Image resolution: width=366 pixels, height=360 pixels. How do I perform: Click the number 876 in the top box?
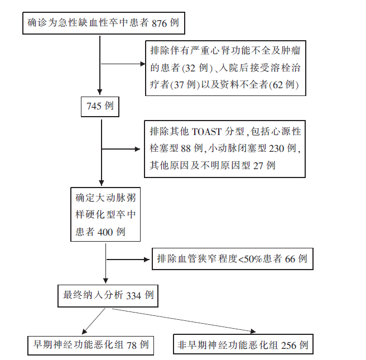click(159, 23)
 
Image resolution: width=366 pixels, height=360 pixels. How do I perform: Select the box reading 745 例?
click(100, 107)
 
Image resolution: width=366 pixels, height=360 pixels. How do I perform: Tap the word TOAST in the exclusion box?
click(206, 132)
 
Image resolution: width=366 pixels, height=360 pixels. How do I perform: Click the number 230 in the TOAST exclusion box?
click(276, 148)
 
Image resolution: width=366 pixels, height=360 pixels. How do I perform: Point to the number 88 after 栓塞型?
click(186, 148)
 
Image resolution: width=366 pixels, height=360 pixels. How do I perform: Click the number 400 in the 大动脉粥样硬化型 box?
click(105, 232)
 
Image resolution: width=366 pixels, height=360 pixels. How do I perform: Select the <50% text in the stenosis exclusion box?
click(250, 259)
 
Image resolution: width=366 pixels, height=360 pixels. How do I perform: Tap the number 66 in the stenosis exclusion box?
click(290, 259)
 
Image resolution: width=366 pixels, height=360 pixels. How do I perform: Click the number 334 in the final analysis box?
click(133, 296)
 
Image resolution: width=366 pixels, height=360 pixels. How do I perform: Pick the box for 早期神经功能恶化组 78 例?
click(90, 345)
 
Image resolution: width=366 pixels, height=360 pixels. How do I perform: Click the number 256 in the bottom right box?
click(289, 345)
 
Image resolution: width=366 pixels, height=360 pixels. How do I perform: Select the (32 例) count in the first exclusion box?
click(198, 68)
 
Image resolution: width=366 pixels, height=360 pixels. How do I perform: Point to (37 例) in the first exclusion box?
click(185, 85)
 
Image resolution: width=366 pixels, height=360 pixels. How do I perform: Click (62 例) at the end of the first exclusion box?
click(283, 85)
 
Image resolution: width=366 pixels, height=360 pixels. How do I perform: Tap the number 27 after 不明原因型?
click(258, 166)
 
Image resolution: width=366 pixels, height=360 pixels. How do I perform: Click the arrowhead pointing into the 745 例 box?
click(100, 92)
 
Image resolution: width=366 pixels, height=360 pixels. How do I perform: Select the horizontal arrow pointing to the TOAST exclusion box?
click(121, 149)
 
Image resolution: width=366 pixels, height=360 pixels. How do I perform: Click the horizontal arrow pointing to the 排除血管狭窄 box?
click(128, 260)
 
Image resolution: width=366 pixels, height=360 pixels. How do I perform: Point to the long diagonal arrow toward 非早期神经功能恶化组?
click(184, 320)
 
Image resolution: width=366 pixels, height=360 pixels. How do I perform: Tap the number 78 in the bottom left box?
click(132, 345)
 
